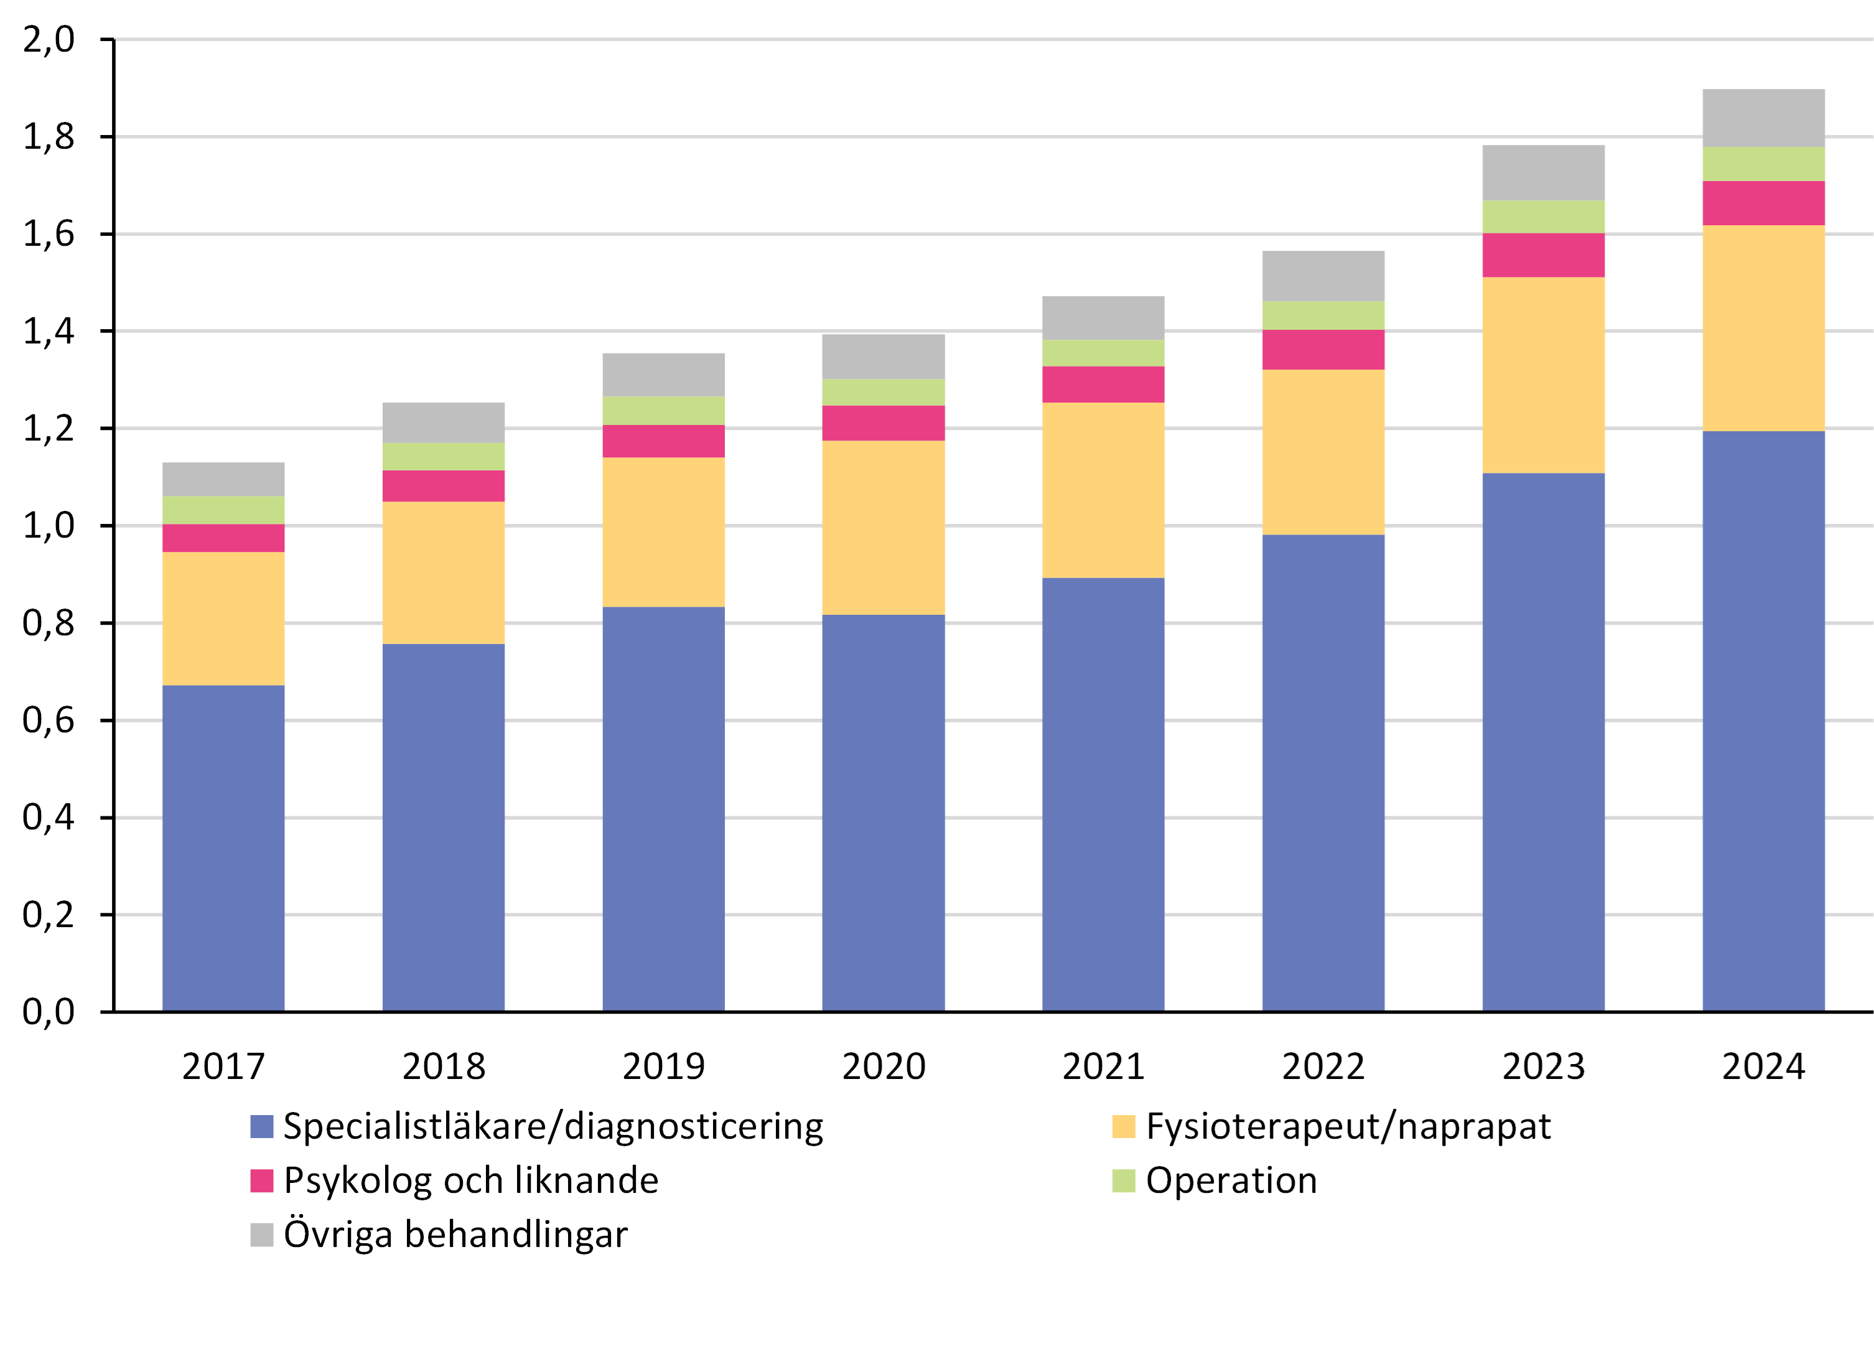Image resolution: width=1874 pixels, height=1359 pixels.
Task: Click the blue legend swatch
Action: coord(262,1127)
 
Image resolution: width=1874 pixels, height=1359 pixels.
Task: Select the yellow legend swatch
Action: coord(1123,1127)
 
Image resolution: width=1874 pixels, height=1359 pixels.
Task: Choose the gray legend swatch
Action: coord(262,1235)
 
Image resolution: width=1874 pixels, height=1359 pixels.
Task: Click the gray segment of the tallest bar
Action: coord(1763,118)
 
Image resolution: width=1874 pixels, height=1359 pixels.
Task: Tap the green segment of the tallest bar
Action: coord(1763,164)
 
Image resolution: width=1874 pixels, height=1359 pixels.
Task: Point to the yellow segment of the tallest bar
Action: coord(1763,328)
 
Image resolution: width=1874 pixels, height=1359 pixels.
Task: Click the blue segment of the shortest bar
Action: coord(224,848)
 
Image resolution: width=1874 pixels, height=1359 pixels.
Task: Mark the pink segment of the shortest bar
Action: coord(224,538)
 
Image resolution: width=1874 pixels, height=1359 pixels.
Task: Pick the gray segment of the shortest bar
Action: coord(224,479)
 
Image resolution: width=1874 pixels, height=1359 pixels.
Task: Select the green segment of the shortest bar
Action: coord(224,510)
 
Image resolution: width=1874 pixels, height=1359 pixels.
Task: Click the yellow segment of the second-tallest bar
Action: coord(1544,375)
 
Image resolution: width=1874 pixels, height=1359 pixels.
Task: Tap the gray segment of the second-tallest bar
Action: coord(1544,172)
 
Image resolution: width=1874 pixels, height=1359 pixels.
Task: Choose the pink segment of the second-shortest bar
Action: coord(444,486)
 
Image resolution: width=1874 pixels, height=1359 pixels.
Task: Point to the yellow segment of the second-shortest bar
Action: coord(444,572)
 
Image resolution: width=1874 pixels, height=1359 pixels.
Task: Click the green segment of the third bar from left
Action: coord(663,411)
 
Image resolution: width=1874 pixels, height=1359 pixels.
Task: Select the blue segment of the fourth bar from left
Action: coord(883,812)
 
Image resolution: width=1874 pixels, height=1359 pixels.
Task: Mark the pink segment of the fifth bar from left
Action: coord(1103,384)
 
